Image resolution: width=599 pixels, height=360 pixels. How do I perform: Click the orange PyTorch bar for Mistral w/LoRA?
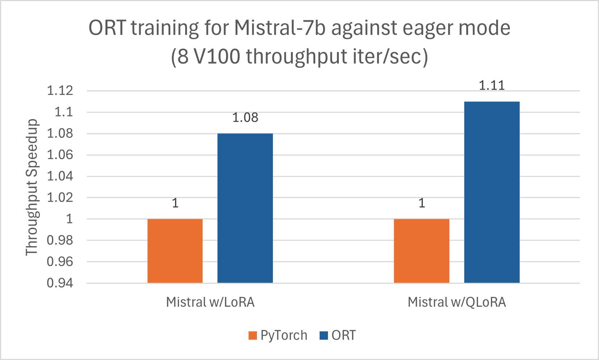(x=175, y=251)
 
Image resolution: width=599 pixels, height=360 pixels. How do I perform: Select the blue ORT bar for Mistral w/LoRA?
(x=245, y=208)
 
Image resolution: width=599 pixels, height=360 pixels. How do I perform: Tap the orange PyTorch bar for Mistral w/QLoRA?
(x=421, y=251)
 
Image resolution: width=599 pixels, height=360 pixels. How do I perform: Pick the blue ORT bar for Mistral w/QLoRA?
(x=492, y=192)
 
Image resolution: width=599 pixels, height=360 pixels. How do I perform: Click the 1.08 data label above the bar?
(x=245, y=118)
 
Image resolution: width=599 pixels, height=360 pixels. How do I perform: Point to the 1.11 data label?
(x=492, y=86)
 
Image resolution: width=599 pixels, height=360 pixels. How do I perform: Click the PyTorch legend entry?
(x=278, y=335)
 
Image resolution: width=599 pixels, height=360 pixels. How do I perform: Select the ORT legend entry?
(x=338, y=335)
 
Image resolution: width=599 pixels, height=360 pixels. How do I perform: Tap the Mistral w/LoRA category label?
(x=210, y=302)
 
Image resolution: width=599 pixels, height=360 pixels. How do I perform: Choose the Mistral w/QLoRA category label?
(x=457, y=302)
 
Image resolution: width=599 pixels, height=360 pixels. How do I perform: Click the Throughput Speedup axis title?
(x=32, y=187)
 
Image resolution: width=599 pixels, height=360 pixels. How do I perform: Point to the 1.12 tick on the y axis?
(x=60, y=91)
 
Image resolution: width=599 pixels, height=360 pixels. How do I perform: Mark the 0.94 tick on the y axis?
(x=60, y=283)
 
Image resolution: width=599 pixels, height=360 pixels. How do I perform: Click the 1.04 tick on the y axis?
(x=60, y=176)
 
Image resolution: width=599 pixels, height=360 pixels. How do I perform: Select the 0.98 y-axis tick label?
(x=60, y=240)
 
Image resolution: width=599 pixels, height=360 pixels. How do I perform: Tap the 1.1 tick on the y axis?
(x=63, y=112)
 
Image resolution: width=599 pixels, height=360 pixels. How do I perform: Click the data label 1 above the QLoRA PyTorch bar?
(x=421, y=203)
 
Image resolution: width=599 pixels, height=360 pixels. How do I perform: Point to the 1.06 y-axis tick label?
(x=60, y=155)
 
